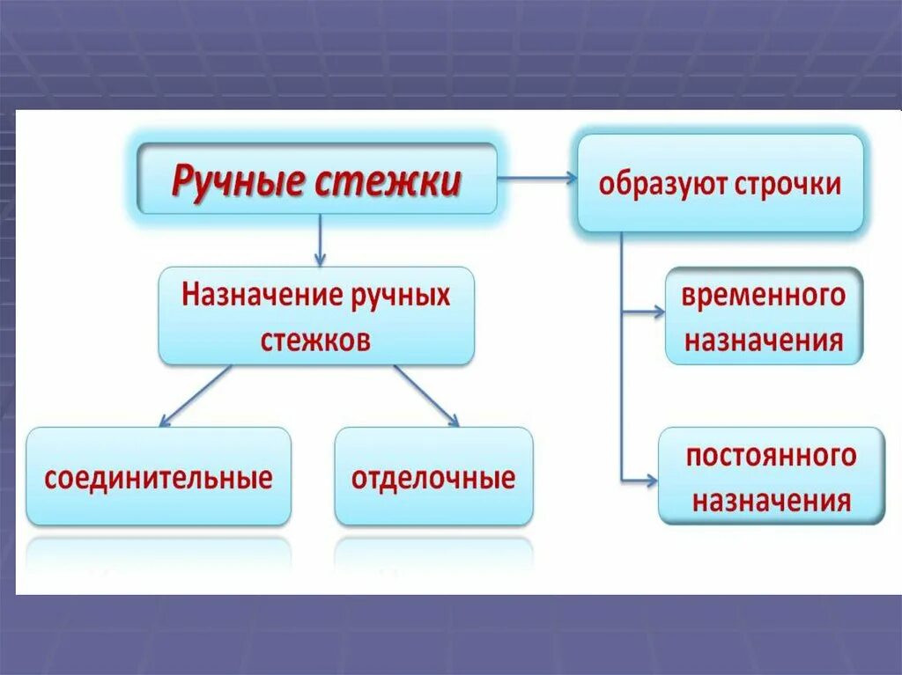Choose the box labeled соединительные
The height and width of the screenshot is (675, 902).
(x=159, y=479)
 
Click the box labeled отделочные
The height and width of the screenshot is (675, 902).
(x=433, y=479)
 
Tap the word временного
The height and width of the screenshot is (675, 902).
(x=763, y=295)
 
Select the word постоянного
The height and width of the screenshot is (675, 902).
(x=771, y=456)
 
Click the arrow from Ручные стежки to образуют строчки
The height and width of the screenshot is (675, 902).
(x=537, y=179)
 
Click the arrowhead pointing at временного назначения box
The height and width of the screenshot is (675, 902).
(x=658, y=311)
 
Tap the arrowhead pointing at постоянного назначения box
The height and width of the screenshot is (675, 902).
(x=651, y=481)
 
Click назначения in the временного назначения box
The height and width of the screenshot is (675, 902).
(x=764, y=340)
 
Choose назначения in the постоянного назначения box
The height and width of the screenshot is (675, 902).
(x=771, y=502)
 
